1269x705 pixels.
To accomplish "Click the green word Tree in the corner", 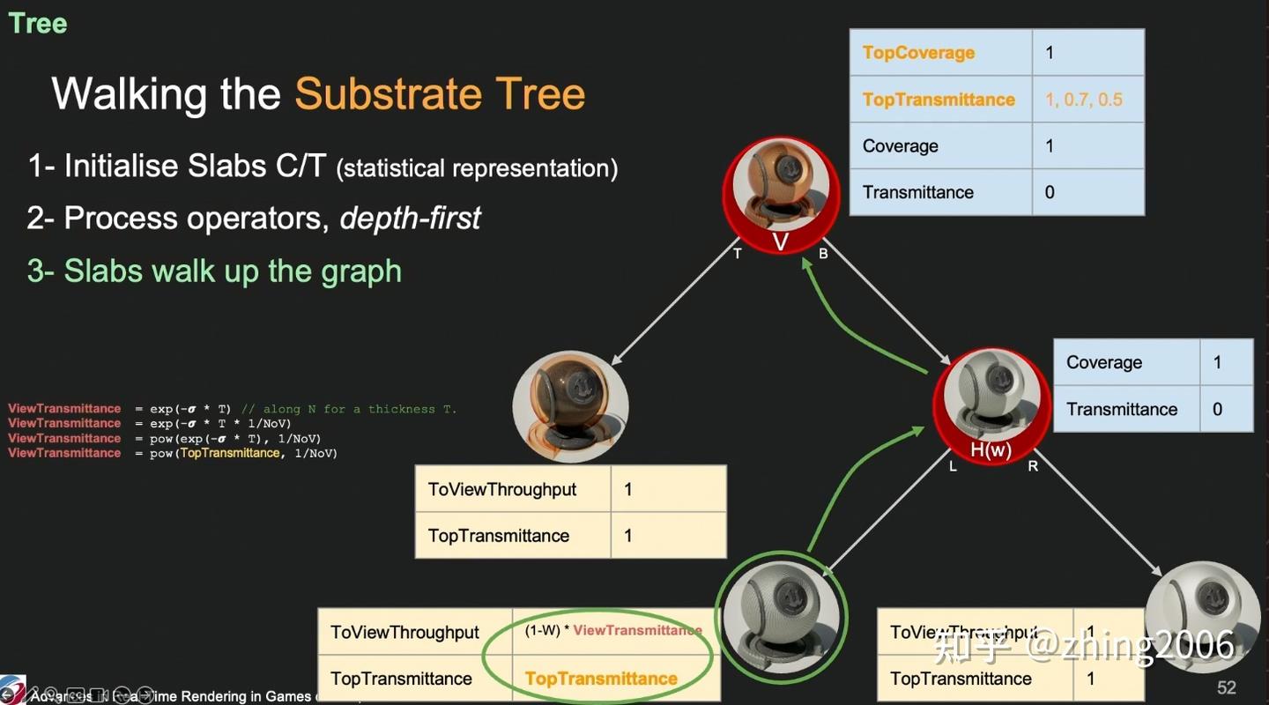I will pyautogui.click(x=38, y=23).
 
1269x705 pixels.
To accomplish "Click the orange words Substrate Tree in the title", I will pyautogui.click(x=440, y=93).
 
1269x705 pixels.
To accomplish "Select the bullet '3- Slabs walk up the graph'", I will pyautogui.click(x=214, y=271).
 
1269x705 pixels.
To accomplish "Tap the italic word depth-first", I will pyautogui.click(x=410, y=218).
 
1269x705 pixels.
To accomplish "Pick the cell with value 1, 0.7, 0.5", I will pyautogui.click(x=1087, y=100).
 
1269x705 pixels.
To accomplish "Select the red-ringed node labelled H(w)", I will pyautogui.click(x=991, y=406).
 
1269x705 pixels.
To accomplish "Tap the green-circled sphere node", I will pyautogui.click(x=780, y=615).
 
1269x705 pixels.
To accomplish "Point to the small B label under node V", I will pyautogui.click(x=823, y=255).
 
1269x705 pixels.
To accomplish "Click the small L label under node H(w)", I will pyautogui.click(x=953, y=466).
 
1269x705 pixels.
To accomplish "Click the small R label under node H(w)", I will pyautogui.click(x=1033, y=466).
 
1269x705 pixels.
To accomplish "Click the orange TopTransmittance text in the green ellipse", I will pyautogui.click(x=601, y=679).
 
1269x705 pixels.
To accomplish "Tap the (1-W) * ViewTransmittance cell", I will pyautogui.click(x=614, y=631).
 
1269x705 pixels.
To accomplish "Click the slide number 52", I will pyautogui.click(x=1227, y=687).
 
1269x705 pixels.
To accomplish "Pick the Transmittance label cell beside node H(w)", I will pyautogui.click(x=1122, y=409).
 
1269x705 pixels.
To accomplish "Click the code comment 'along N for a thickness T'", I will pyautogui.click(x=348, y=409).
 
